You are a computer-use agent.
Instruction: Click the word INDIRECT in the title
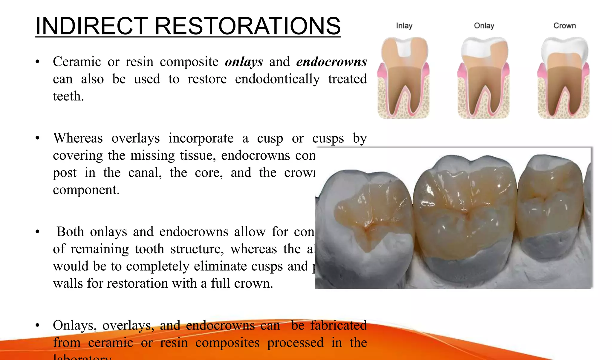click(91, 26)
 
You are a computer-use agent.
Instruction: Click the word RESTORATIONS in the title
click(247, 26)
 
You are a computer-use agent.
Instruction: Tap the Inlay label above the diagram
click(404, 26)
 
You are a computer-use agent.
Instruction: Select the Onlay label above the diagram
click(484, 26)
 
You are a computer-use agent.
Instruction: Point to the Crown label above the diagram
click(564, 26)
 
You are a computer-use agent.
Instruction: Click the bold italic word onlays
click(244, 62)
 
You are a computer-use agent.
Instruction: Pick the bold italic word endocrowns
click(331, 62)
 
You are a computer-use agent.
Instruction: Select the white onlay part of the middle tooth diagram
click(475, 48)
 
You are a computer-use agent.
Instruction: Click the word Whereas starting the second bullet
click(78, 138)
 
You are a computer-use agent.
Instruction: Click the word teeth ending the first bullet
click(68, 97)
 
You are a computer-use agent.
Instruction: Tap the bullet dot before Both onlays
click(37, 232)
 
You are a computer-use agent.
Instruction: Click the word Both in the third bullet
click(70, 232)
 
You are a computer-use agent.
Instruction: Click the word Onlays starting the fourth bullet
click(74, 326)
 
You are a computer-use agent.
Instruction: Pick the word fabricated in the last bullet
click(338, 326)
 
